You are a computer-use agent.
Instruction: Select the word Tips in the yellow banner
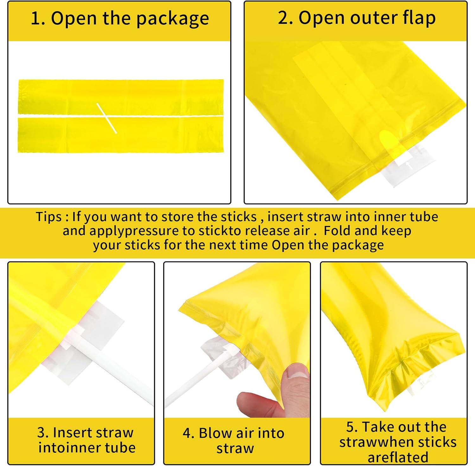48,217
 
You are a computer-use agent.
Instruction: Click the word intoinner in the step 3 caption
70,448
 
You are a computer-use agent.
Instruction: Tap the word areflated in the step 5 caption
398,457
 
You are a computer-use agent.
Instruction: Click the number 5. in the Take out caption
352,427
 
